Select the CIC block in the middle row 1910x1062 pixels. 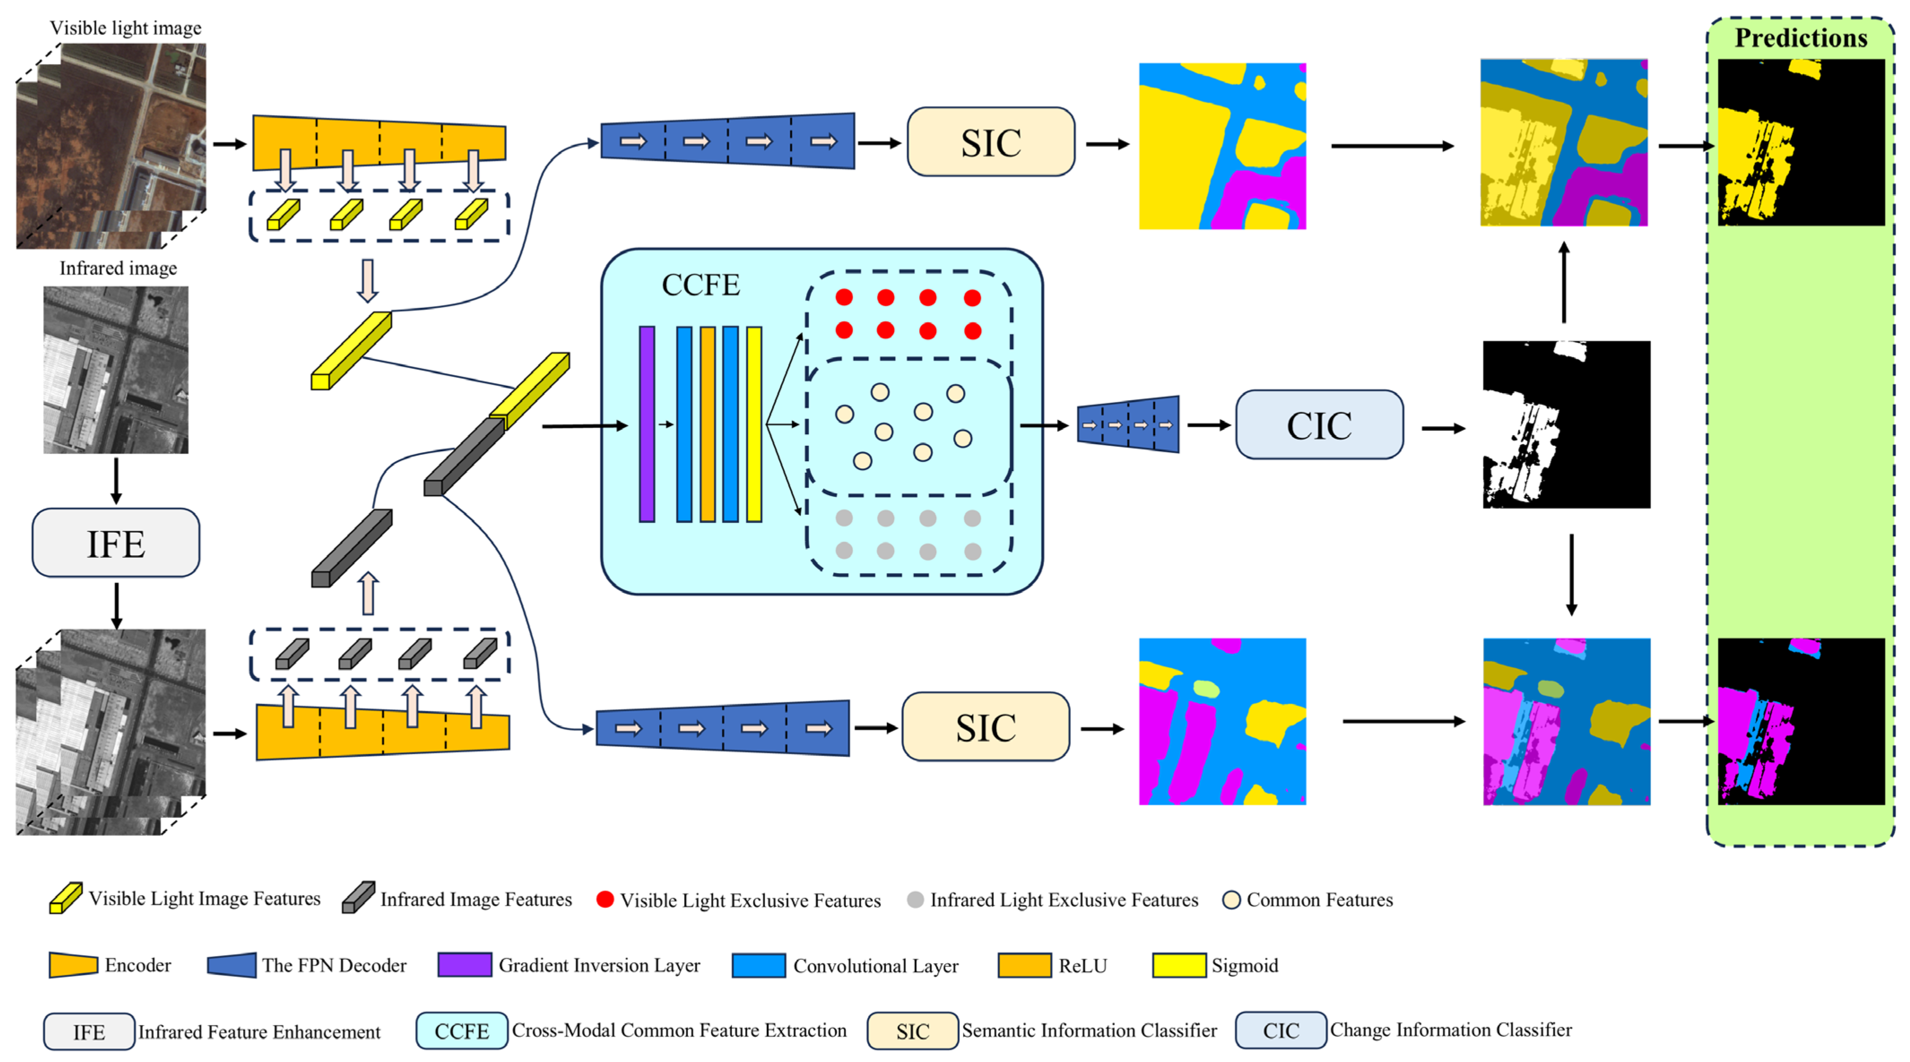point(1319,425)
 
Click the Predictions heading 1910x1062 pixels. point(1800,38)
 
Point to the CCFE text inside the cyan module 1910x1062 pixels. point(700,285)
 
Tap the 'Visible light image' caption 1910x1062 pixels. point(125,28)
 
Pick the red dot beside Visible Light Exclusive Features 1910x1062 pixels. point(605,899)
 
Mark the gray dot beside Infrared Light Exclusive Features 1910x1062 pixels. point(915,899)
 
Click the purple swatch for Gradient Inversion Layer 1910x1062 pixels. point(464,965)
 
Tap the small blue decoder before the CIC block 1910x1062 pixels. point(1128,424)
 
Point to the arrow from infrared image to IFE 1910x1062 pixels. point(116,480)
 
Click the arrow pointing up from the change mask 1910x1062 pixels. point(1564,281)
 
